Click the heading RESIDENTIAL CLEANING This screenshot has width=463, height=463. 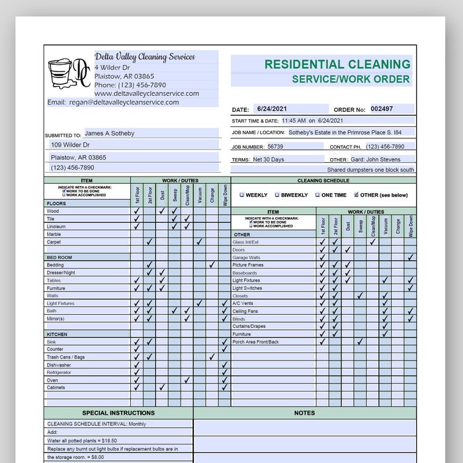337,64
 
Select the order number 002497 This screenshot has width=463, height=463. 382,109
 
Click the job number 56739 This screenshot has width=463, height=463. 275,147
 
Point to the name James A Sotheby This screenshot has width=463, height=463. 109,134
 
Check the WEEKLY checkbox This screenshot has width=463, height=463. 242,195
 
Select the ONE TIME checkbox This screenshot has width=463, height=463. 317,195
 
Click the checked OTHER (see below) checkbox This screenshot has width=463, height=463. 357,195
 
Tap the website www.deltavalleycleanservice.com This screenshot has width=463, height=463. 146,94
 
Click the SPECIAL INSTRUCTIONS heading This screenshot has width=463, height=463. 118,413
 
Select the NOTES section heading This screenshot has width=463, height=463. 304,413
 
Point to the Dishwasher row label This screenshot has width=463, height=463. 58,365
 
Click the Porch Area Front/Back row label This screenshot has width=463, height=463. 255,342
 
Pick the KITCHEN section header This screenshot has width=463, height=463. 57,335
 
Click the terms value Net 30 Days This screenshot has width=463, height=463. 268,159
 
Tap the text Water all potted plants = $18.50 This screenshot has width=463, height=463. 82,440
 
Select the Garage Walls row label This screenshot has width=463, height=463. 246,257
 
